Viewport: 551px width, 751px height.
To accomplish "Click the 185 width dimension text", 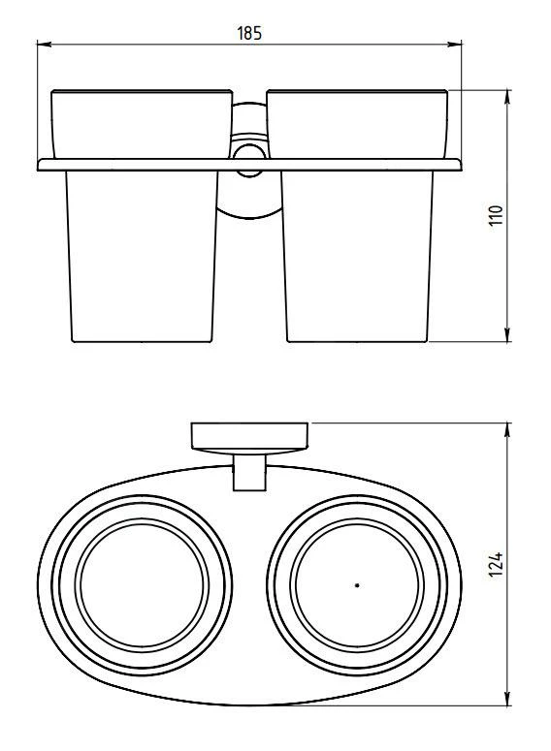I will [x=250, y=33].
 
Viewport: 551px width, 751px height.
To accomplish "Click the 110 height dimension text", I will [x=495, y=216].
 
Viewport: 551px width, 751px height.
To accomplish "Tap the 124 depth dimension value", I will [x=495, y=564].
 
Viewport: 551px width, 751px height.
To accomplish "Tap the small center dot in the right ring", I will [x=357, y=585].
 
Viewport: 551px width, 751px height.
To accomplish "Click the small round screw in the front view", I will [x=250, y=154].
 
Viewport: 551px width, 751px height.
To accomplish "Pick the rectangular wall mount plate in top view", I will [x=250, y=437].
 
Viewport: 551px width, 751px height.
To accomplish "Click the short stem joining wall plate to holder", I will [x=250, y=473].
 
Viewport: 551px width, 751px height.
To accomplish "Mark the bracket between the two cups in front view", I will [x=250, y=194].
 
